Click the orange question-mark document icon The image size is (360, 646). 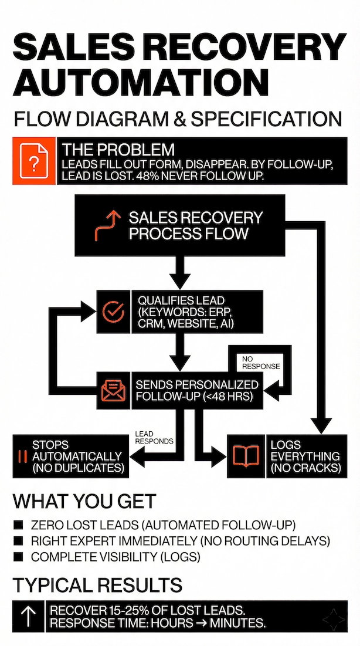point(34,161)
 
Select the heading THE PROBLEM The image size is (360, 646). point(118,149)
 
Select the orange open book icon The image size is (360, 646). point(246,456)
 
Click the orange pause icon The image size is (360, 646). point(23,456)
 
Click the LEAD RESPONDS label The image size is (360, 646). point(154,437)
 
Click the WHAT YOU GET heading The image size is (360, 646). point(84,502)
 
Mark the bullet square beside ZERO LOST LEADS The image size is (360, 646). point(18,525)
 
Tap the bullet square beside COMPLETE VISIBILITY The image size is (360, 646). point(18,557)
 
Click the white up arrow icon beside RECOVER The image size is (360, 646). point(28,616)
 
